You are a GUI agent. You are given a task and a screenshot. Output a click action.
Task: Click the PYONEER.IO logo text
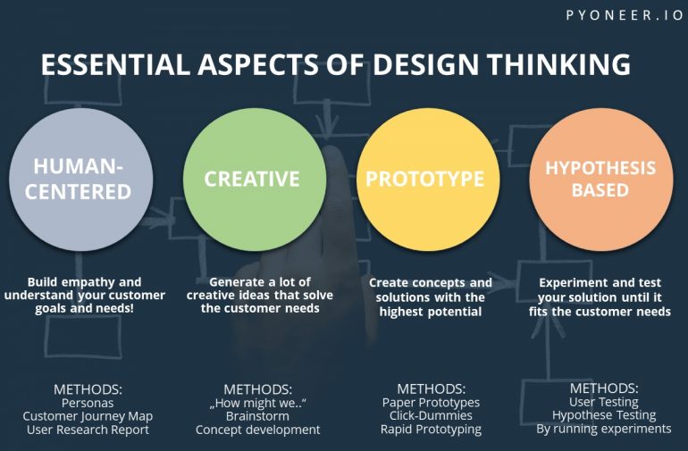(x=625, y=15)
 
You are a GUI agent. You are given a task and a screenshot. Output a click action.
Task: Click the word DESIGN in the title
(x=425, y=64)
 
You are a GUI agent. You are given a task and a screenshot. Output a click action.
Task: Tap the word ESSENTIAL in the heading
(x=115, y=64)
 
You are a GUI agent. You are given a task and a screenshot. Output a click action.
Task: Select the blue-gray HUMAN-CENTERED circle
(x=81, y=180)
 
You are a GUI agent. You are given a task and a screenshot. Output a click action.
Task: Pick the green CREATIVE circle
(x=255, y=180)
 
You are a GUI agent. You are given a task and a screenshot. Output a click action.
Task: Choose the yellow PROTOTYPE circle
(x=428, y=180)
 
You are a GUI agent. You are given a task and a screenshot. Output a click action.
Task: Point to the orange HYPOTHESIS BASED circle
(x=601, y=180)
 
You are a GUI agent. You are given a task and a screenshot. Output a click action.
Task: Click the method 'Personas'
(x=88, y=403)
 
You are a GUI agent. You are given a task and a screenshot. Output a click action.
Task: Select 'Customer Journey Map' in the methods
(x=88, y=416)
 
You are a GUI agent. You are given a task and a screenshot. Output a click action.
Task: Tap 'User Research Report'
(x=88, y=430)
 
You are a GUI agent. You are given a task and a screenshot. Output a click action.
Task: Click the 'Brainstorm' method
(x=257, y=416)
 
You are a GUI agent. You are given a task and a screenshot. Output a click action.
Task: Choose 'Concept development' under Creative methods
(x=257, y=430)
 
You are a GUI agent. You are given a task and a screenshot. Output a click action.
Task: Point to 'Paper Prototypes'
(x=431, y=403)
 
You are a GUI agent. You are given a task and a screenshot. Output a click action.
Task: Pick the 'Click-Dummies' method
(x=431, y=415)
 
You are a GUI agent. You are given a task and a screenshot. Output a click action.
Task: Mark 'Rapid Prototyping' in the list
(x=431, y=429)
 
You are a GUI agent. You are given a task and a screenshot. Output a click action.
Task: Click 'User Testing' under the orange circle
(x=604, y=402)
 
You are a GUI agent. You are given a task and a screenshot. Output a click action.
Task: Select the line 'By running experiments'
(x=604, y=429)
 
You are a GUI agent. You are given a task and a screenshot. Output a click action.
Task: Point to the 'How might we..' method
(x=257, y=403)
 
